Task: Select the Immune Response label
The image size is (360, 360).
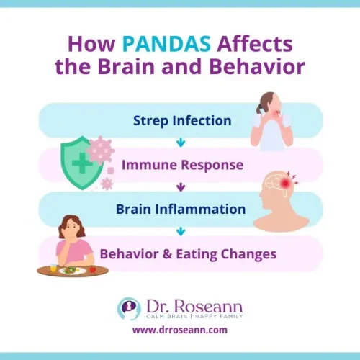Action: point(181,165)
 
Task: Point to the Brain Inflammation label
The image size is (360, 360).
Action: point(181,210)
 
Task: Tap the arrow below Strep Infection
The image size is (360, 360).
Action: point(180,143)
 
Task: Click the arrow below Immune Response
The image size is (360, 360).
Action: point(180,187)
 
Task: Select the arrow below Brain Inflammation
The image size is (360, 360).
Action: point(180,231)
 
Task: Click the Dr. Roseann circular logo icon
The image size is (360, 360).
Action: point(130,308)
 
